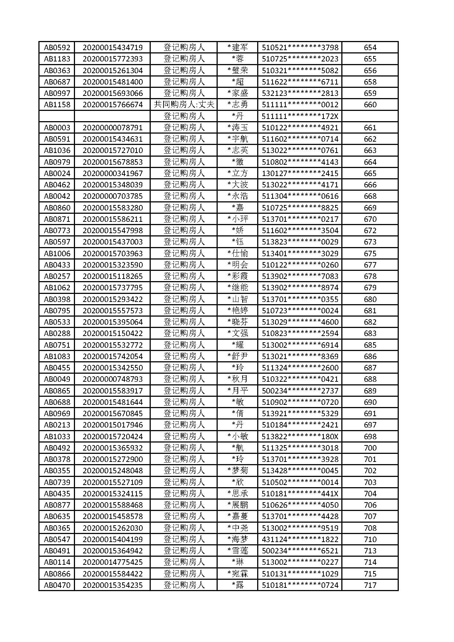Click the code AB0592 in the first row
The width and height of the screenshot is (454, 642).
[57, 48]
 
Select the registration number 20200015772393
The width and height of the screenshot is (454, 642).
[113, 59]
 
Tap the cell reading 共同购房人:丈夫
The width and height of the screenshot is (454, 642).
[184, 105]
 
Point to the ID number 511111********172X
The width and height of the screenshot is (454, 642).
[300, 116]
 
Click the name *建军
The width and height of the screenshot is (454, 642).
[237, 48]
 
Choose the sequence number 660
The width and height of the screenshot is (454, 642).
[370, 105]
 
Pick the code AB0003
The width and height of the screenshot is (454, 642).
[57, 128]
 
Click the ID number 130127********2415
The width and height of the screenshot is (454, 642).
[300, 173]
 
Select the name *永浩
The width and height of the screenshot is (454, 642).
[237, 196]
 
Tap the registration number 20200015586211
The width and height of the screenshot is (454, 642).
[113, 219]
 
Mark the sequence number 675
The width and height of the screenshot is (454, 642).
[370, 254]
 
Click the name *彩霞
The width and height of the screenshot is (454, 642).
[237, 276]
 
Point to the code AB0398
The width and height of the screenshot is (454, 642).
[57, 299]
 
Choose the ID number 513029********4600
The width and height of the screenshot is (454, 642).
[300, 322]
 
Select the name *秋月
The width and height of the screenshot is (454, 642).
[237, 379]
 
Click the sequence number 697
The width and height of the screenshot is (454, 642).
[370, 425]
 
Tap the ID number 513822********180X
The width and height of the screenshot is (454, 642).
[300, 437]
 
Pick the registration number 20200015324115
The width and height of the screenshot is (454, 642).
[113, 494]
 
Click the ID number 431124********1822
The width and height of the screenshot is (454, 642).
[300, 540]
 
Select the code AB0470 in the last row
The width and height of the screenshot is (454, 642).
[57, 585]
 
